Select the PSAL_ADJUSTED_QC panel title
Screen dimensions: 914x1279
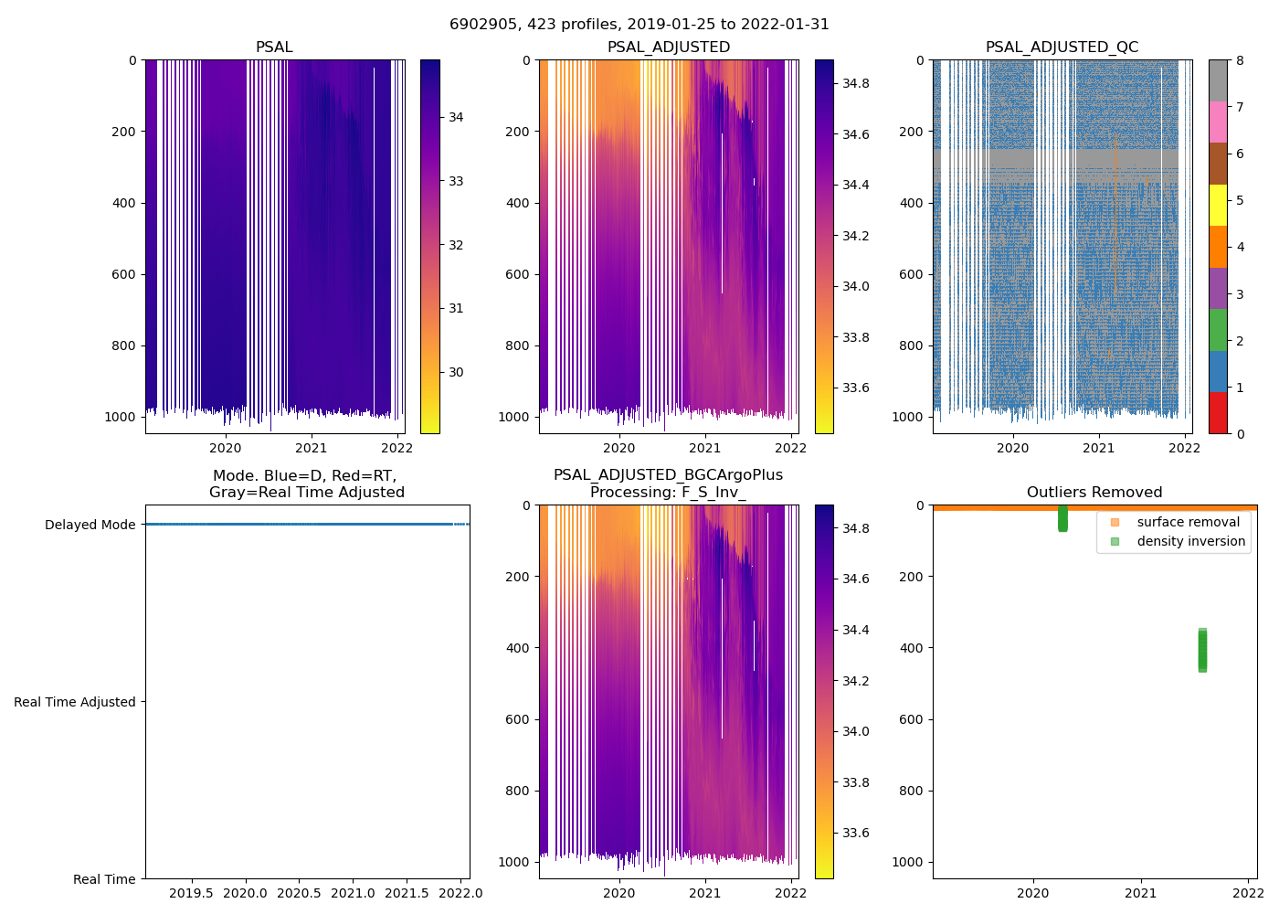click(x=1062, y=48)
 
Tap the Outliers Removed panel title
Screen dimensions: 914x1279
click(x=1094, y=493)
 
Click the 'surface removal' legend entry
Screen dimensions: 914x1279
click(x=1188, y=522)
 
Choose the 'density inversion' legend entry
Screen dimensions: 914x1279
click(x=1190, y=541)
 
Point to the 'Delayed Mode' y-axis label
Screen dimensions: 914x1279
click(x=90, y=525)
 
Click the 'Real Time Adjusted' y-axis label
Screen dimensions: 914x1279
click(x=75, y=702)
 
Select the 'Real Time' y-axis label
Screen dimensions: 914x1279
click(x=104, y=879)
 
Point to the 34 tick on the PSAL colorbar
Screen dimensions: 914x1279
click(x=456, y=117)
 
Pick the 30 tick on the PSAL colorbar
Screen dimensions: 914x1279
click(x=456, y=372)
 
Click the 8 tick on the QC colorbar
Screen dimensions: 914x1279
click(x=1239, y=61)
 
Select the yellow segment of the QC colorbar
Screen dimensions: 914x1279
click(x=1218, y=205)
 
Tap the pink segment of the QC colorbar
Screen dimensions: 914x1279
click(x=1218, y=122)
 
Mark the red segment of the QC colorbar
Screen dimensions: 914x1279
click(x=1218, y=412)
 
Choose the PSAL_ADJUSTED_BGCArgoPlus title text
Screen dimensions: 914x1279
click(x=668, y=475)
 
